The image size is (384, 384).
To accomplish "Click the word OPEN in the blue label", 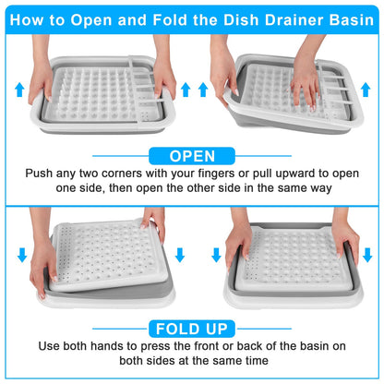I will tap(193, 156).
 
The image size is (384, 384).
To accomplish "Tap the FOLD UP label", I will tap(193, 328).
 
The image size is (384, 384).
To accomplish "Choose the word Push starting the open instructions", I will tap(47, 173).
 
